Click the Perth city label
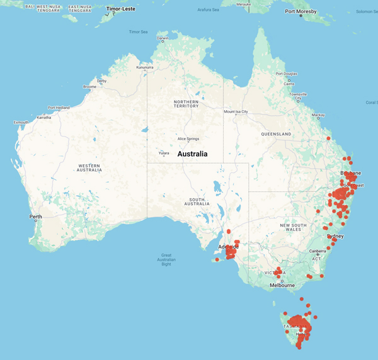click(x=35, y=217)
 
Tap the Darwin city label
click(x=163, y=38)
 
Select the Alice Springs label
click(x=188, y=138)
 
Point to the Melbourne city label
click(x=282, y=285)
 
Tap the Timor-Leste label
click(x=121, y=9)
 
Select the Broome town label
click(x=89, y=87)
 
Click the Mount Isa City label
click(x=236, y=112)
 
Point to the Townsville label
click(x=298, y=94)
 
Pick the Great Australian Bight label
click(x=166, y=259)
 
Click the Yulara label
click(x=163, y=152)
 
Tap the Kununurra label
click(x=144, y=67)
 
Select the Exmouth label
click(x=21, y=122)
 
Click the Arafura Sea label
click(x=209, y=9)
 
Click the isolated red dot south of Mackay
click(x=328, y=138)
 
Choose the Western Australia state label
click(x=89, y=167)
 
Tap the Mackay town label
click(x=318, y=115)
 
